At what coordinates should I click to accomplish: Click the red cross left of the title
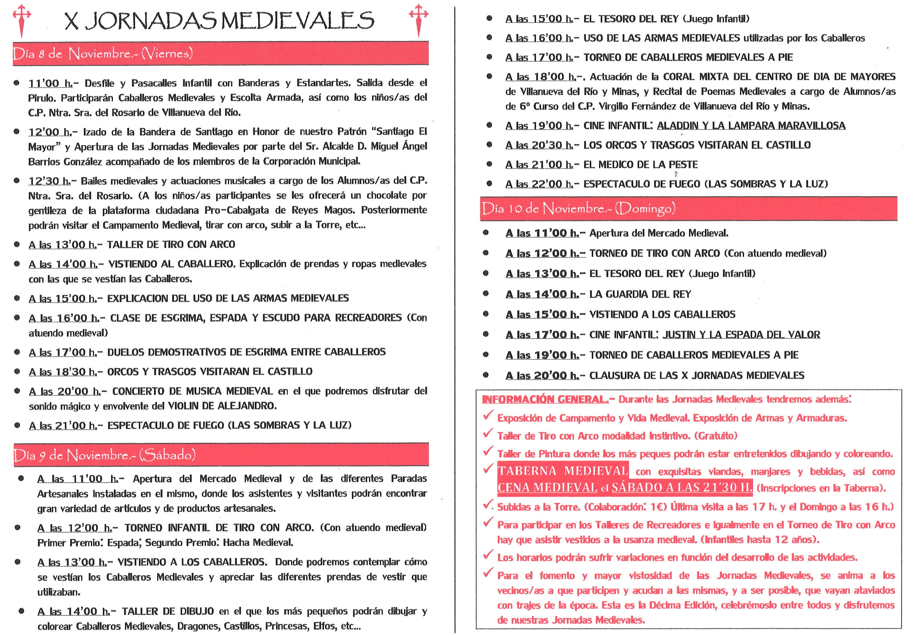pyautogui.click(x=22, y=20)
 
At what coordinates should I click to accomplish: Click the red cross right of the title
pyautogui.click(x=418, y=20)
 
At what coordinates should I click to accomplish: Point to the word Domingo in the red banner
pyautogui.click(x=645, y=208)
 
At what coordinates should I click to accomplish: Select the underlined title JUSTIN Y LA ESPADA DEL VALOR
pyautogui.click(x=741, y=335)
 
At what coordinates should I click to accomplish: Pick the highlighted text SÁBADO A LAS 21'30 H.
pyautogui.click(x=682, y=487)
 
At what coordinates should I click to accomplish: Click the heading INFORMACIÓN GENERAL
pyautogui.click(x=545, y=399)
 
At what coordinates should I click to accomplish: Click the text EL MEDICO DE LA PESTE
pyautogui.click(x=640, y=164)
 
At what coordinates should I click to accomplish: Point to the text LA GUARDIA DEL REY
pyautogui.click(x=640, y=294)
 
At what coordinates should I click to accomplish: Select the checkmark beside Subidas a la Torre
pyautogui.click(x=488, y=505)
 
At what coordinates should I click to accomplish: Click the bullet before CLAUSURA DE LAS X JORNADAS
pyautogui.click(x=486, y=375)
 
